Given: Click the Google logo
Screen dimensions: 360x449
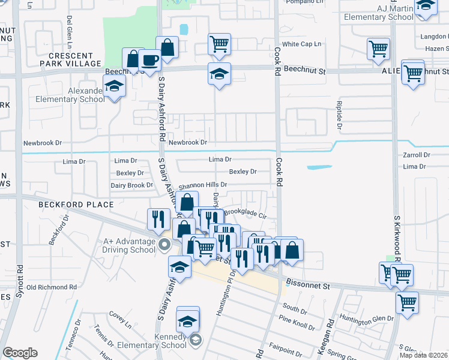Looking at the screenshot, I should (x=20, y=353).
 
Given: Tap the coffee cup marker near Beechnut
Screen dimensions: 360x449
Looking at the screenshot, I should (x=149, y=60).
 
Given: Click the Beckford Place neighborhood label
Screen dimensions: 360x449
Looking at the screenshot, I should (x=76, y=205).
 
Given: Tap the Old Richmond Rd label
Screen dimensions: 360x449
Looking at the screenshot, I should (x=52, y=287).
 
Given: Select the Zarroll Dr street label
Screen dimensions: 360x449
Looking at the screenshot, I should (x=417, y=155).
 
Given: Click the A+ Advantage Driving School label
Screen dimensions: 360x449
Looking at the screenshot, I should (x=126, y=245).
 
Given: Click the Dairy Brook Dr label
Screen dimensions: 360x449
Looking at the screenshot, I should (x=132, y=185).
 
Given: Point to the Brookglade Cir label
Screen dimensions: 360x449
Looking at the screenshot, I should (x=245, y=212).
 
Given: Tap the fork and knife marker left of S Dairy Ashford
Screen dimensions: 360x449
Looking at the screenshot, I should (x=158, y=218).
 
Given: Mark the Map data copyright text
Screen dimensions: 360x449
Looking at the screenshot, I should (x=424, y=355).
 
